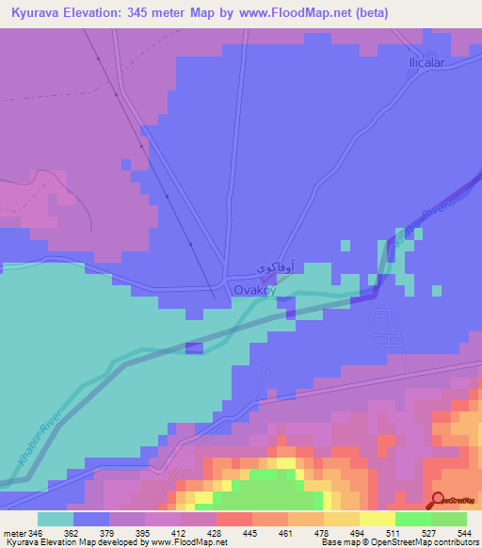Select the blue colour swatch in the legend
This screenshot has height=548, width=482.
coord(90,519)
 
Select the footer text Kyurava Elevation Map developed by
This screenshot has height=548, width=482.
coord(80,542)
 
